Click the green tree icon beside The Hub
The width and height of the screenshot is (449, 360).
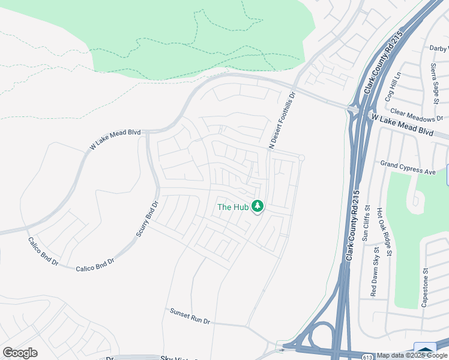pos(258,206)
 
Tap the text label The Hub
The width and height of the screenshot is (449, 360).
pos(232,207)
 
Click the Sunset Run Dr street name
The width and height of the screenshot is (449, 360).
pos(190,316)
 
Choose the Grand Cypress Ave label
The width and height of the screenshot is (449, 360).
pos(408,167)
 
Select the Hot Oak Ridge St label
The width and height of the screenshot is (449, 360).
pos(384,232)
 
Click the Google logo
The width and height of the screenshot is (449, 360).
pos(20,353)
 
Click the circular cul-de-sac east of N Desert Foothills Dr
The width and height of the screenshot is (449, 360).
pos(301,158)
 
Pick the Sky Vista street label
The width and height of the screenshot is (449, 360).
pos(177,358)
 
